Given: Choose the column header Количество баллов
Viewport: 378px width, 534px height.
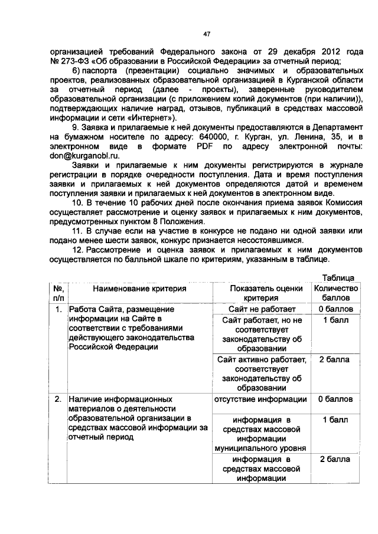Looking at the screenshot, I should tap(335, 293).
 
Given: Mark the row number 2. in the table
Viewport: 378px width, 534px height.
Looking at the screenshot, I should tap(58, 399).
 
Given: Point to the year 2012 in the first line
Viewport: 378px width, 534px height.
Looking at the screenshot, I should tap(321, 51).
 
